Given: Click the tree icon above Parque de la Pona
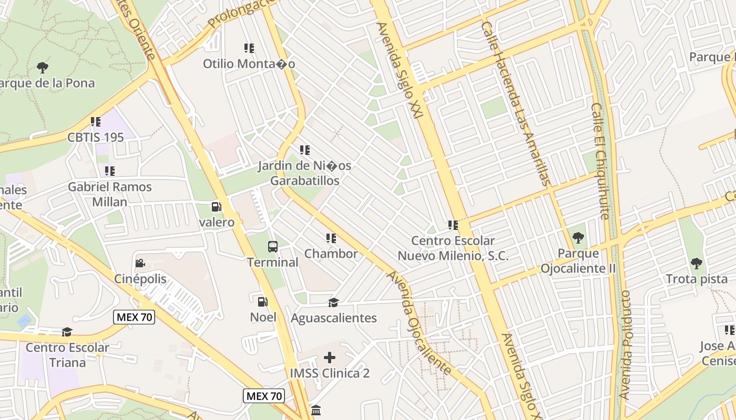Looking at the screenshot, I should coord(43,67).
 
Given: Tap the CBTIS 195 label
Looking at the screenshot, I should coord(96,137).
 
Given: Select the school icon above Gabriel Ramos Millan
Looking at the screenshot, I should coord(109,171).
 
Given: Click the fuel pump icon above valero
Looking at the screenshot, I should coord(216,207).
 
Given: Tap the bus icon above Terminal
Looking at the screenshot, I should coord(272,246).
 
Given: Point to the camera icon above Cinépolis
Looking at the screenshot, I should coord(140,264).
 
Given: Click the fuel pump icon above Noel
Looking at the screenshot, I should coord(262,302).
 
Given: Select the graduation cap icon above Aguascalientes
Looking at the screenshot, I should coord(333,302).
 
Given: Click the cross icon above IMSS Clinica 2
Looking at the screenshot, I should coord(330,358).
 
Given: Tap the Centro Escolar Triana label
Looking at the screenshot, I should coord(67,355).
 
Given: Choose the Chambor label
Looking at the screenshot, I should coord(331,254).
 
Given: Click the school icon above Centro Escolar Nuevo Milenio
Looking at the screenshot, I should coord(453,225).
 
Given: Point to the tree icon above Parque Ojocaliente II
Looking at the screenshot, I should coord(578,238).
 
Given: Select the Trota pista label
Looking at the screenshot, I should coord(697,279).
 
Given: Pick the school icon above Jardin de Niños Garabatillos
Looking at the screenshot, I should coord(304,150).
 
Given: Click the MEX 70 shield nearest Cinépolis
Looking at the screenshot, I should coord(135,317).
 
